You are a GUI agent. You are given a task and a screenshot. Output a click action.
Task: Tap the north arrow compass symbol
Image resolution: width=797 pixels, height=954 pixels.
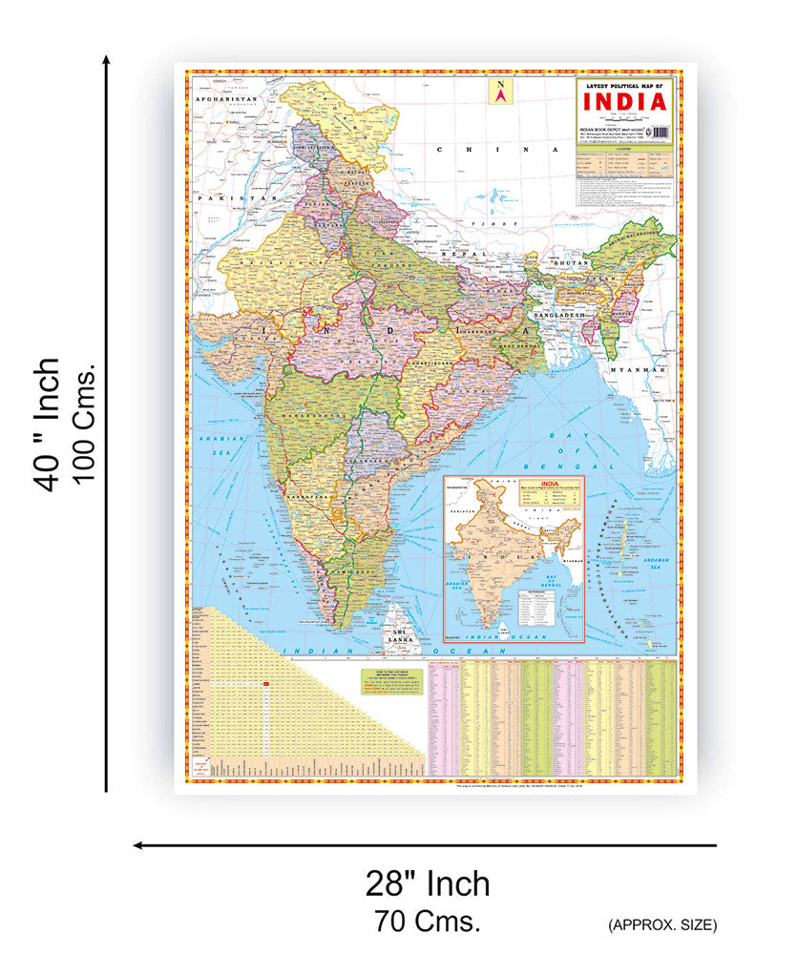coord(499,92)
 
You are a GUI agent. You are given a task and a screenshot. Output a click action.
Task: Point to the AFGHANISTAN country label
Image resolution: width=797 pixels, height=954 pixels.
coord(226,99)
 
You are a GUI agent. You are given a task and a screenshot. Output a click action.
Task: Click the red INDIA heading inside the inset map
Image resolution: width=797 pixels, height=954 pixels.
coord(548,484)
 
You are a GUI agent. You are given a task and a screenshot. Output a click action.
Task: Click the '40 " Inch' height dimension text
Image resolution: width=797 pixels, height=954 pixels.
coord(48,425)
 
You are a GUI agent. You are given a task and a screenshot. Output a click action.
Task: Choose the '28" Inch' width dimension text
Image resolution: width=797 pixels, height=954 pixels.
coord(428,883)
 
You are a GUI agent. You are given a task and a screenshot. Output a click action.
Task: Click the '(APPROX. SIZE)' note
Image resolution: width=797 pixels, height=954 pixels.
coord(661,924)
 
